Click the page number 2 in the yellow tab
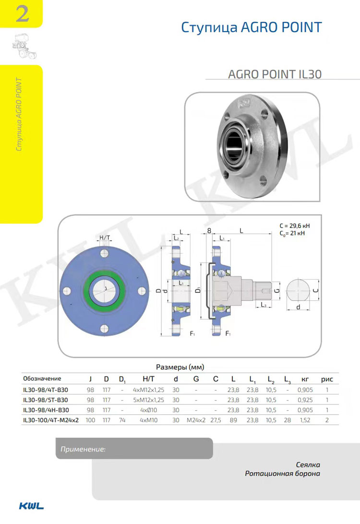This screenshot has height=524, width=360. pyautogui.click(x=23, y=14)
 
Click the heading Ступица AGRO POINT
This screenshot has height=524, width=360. pyautogui.click(x=252, y=27)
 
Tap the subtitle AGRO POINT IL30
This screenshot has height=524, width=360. pyautogui.click(x=275, y=74)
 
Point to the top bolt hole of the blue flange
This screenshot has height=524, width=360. pyautogui.click(x=104, y=253)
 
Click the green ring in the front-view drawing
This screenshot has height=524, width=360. pyautogui.click(x=104, y=275)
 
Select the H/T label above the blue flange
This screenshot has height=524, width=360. pyautogui.click(x=105, y=238)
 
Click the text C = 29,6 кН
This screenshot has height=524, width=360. pyautogui.click(x=295, y=226)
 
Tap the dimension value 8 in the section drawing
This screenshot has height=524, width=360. pyautogui.click(x=209, y=231)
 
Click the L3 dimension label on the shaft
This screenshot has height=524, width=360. pyautogui.click(x=264, y=305)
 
